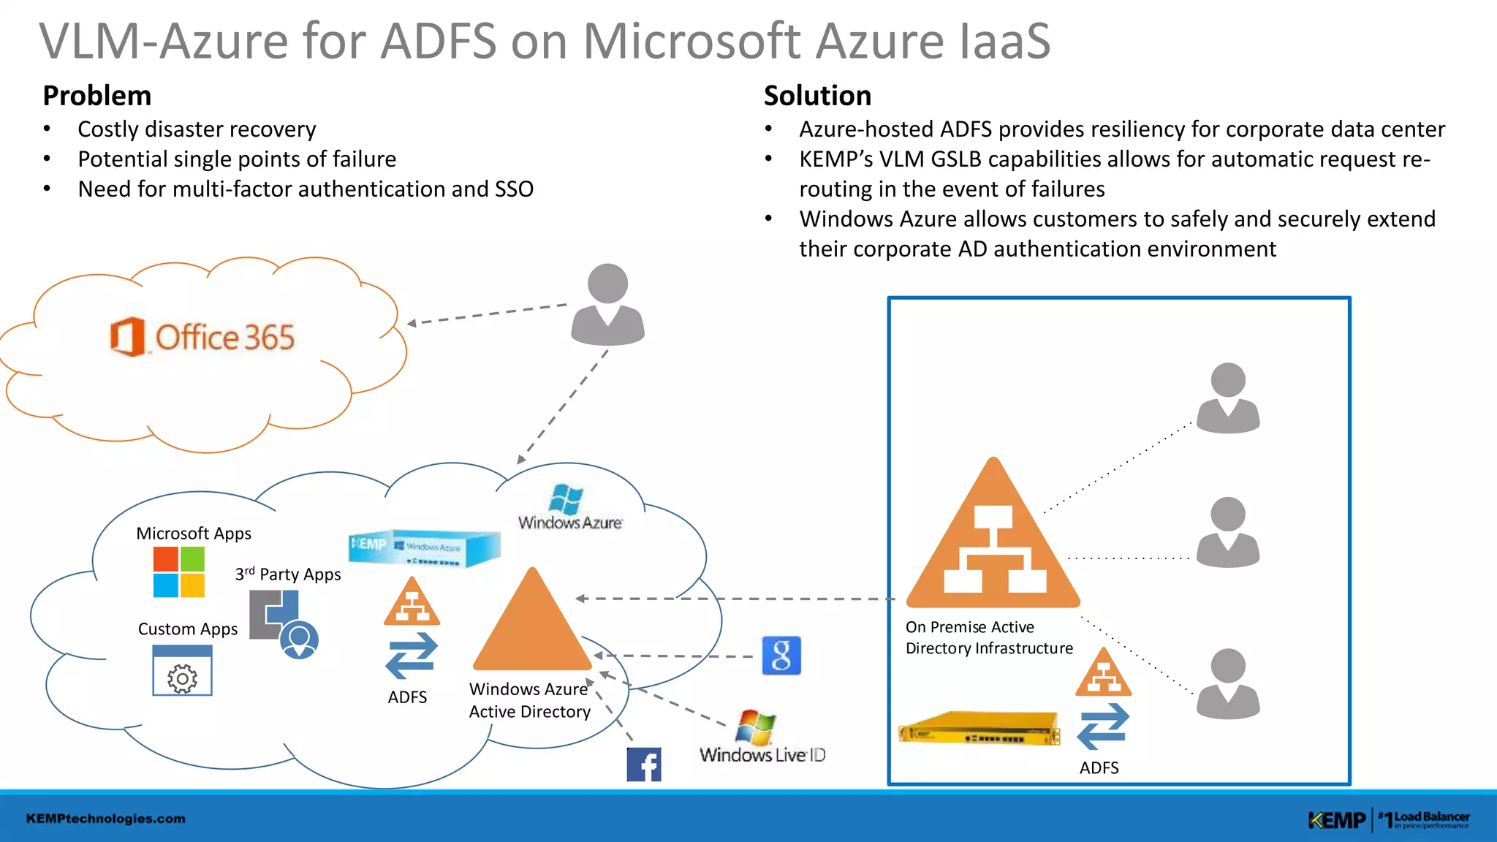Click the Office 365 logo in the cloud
click(202, 337)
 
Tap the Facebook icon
click(644, 765)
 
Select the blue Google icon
click(781, 655)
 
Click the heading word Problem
click(96, 96)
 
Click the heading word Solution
click(817, 96)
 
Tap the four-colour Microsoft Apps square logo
click(179, 572)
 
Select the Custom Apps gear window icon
click(182, 674)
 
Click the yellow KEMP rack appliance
click(979, 728)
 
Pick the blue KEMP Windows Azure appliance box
click(424, 547)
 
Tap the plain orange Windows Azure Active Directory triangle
click(532, 625)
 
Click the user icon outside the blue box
click(607, 304)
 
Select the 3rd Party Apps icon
click(284, 623)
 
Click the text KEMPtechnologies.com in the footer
click(106, 819)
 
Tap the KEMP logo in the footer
click(1336, 820)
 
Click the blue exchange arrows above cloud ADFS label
click(412, 655)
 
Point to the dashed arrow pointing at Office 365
click(487, 314)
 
